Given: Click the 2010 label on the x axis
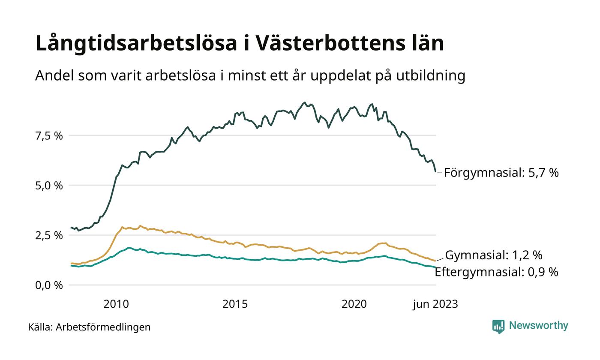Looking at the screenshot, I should point(116,304).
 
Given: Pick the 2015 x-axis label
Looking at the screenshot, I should point(235,304).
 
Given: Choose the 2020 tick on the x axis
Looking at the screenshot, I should point(354,304).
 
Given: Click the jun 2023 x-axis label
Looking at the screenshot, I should point(435,304).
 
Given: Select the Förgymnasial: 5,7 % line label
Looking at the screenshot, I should point(501,173).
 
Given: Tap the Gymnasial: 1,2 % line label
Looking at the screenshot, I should point(494,255).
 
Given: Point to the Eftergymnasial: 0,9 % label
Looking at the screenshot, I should point(496,272).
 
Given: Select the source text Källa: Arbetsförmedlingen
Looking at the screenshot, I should point(90,327).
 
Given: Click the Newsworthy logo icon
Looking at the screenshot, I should point(498,326).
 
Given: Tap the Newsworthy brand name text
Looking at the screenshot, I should point(538,326).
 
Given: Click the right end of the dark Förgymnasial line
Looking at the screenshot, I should point(435,171).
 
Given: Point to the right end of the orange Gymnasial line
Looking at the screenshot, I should point(435,261).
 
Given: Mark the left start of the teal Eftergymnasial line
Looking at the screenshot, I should point(71,266).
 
